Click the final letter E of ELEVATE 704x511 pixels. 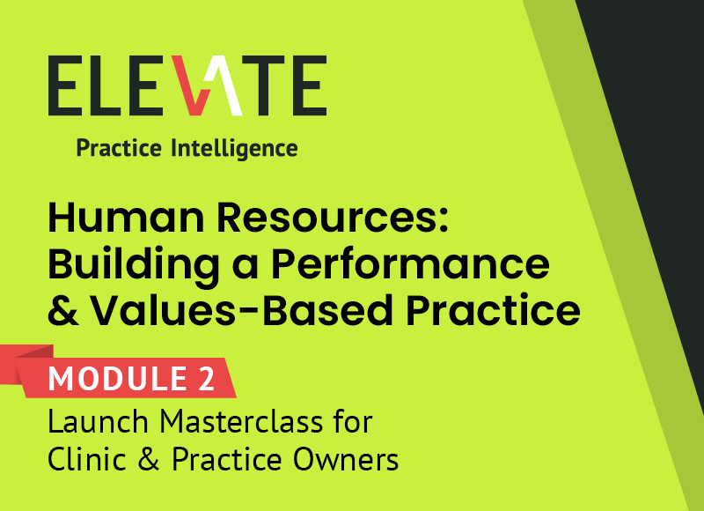click(309, 86)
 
